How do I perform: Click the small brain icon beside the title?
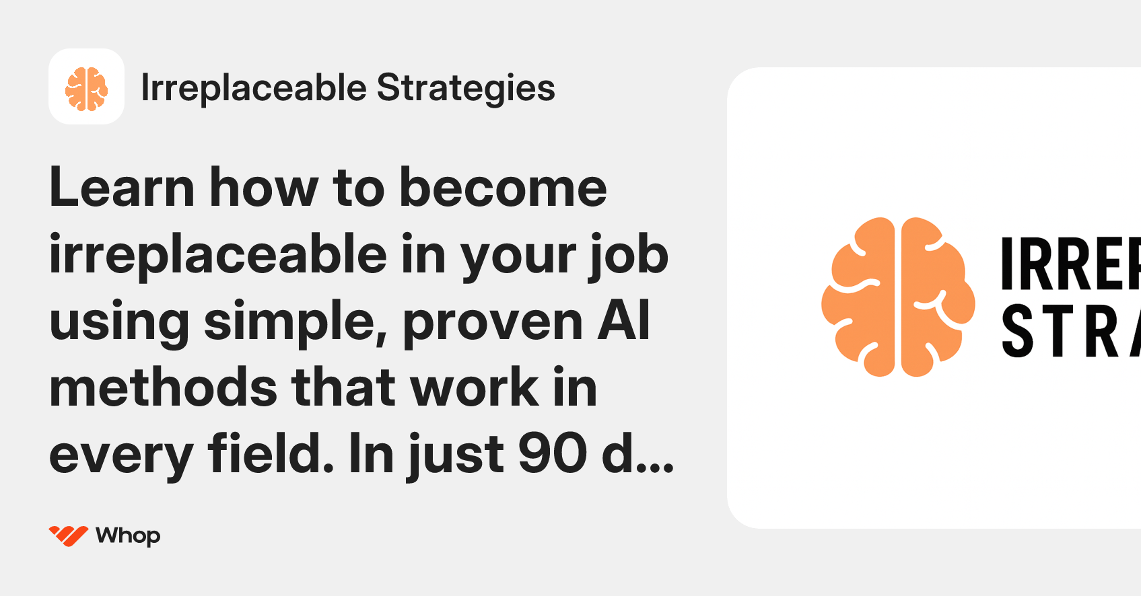coord(86,87)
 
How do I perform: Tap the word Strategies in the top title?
coord(466,88)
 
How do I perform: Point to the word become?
coord(503,188)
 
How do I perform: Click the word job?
coord(629,256)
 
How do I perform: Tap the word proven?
coord(492,322)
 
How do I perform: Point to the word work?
coord(475,388)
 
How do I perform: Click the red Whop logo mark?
coord(68,535)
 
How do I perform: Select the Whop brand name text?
coord(128,535)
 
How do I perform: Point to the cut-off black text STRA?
coord(1070,330)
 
